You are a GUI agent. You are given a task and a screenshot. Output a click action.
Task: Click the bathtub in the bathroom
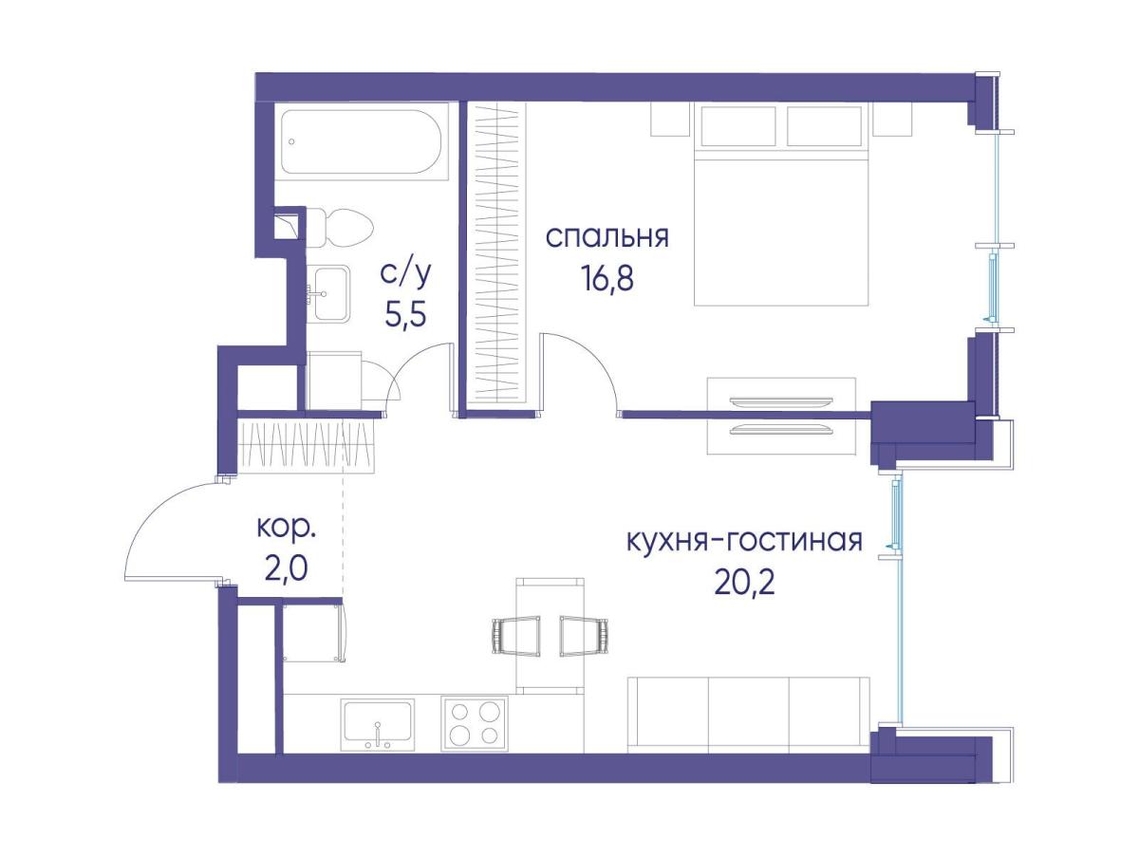(361, 141)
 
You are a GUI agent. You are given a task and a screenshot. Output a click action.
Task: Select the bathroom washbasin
(330, 293)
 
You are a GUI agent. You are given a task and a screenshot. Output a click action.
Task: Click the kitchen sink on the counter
(378, 724)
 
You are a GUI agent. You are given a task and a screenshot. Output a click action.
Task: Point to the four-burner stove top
(475, 724)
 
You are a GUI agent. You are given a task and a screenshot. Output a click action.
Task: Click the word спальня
(607, 237)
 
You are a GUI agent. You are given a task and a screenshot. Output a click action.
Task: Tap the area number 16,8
(607, 279)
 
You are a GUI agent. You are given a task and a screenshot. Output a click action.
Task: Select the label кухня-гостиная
(745, 541)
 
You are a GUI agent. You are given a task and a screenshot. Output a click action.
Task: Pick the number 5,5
(405, 314)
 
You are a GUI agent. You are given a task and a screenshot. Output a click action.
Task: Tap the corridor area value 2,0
(286, 568)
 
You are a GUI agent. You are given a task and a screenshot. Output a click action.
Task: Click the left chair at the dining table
(515, 636)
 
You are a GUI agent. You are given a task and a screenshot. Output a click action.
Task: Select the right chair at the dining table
(584, 636)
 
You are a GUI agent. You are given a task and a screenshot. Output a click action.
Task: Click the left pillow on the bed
(738, 125)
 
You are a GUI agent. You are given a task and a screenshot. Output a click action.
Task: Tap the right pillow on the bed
(824, 125)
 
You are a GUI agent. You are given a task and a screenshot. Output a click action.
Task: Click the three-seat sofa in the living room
(748, 715)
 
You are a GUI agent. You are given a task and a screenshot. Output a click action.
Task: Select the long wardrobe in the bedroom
(496, 256)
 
